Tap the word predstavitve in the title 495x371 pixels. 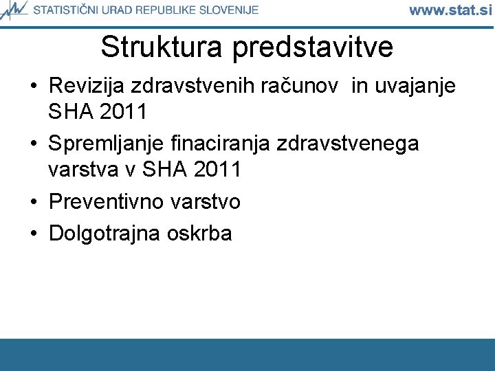click(x=313, y=47)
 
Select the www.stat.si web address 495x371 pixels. click(x=450, y=10)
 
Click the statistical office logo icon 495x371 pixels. click(x=14, y=10)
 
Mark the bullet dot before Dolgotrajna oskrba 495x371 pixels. click(x=34, y=234)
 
